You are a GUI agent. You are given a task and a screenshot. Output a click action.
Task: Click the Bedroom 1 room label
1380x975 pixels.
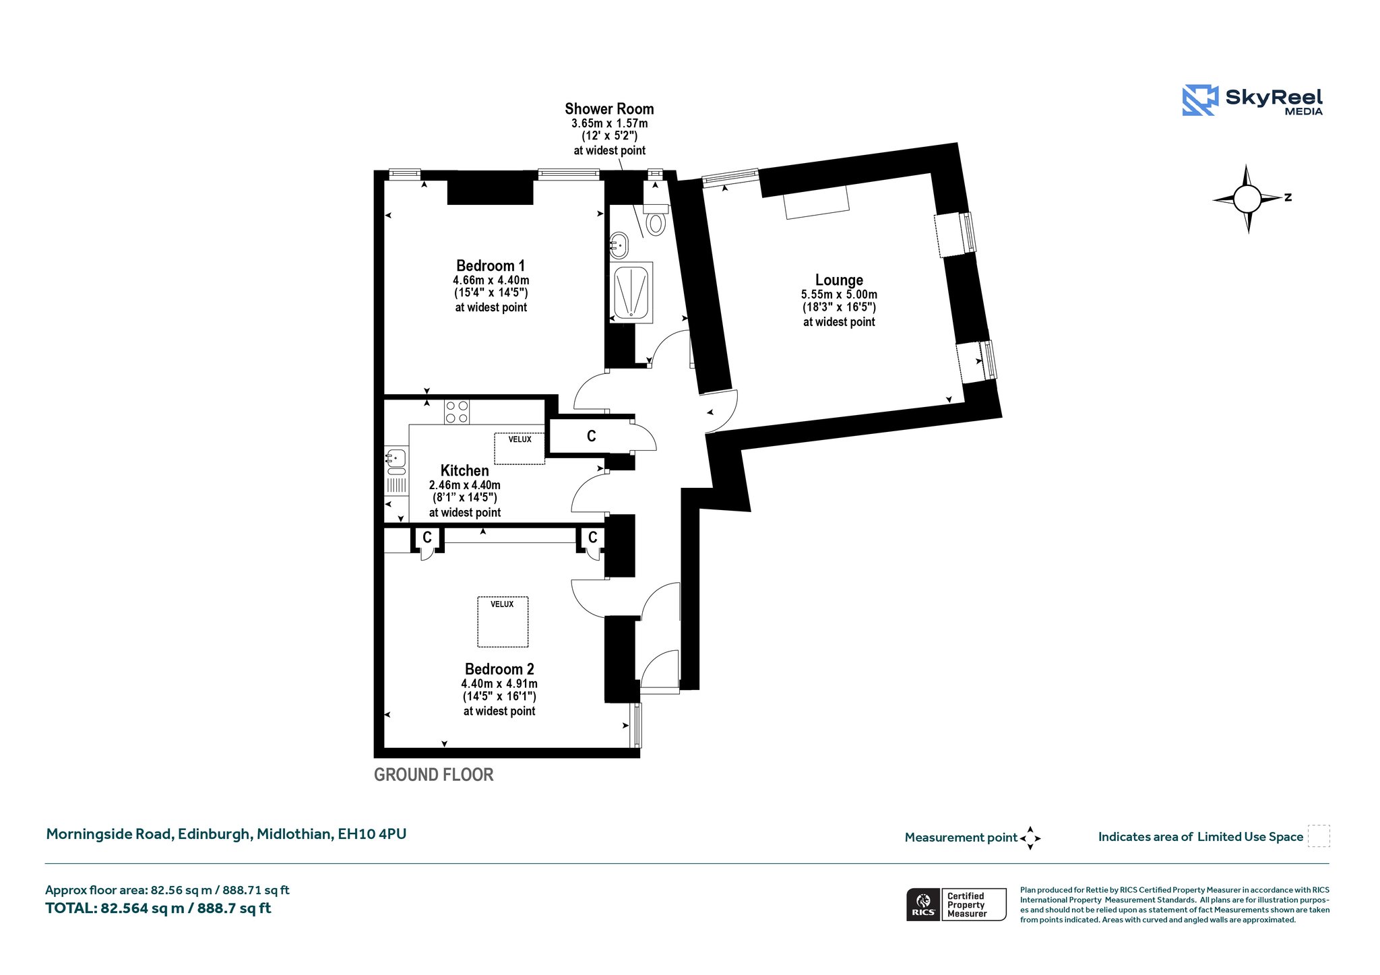(491, 265)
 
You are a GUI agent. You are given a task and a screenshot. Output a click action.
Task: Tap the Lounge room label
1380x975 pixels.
(839, 280)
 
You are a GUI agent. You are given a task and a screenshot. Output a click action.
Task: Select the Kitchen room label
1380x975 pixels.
(464, 470)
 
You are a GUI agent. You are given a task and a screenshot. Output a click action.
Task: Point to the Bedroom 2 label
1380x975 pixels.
(499, 669)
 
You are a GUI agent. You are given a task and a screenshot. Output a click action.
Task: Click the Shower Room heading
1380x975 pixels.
(609, 108)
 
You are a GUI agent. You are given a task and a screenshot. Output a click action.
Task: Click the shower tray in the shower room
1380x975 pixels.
(631, 292)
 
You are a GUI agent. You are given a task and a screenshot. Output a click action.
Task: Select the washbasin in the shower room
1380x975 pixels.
(619, 245)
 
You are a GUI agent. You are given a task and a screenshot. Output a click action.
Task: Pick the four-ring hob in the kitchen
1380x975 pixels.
(457, 412)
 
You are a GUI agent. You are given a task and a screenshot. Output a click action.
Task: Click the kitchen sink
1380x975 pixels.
(396, 458)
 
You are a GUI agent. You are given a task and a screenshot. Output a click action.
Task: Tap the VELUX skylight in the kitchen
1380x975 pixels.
(520, 448)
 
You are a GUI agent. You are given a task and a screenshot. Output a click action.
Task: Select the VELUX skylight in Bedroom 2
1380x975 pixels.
(503, 622)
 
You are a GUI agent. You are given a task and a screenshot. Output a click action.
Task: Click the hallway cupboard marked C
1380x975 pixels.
(591, 436)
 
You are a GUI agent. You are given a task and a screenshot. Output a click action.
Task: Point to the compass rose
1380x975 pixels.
(1248, 199)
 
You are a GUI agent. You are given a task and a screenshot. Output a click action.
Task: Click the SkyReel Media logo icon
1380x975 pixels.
(1200, 100)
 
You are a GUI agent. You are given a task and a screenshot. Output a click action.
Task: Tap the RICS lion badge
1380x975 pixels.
(923, 904)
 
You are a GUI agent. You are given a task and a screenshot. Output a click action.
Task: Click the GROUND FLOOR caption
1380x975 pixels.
(433, 775)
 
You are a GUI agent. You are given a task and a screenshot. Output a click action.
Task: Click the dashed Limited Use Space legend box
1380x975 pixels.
(1319, 836)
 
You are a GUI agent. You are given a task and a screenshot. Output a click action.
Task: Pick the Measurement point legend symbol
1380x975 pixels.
(1030, 838)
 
